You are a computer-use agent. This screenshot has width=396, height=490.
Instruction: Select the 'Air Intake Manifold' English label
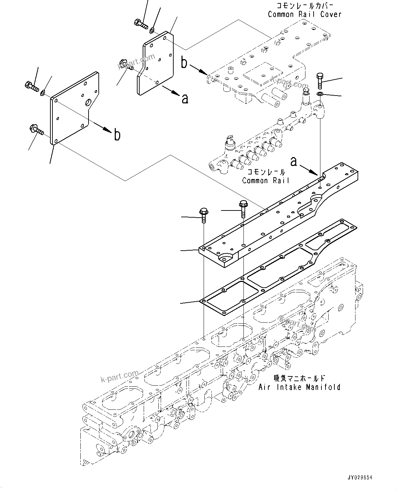click(x=299, y=387)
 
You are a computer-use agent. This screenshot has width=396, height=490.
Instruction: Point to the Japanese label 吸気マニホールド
click(x=299, y=378)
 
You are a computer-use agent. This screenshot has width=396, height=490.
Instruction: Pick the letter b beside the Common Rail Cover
click(x=184, y=63)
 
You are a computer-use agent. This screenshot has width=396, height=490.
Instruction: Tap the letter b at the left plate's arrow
click(x=117, y=135)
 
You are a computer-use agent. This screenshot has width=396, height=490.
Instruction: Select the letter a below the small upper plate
click(x=185, y=99)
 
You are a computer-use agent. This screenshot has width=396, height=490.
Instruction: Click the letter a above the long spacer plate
click(x=294, y=161)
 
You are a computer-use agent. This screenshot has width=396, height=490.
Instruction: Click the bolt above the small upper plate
click(x=140, y=24)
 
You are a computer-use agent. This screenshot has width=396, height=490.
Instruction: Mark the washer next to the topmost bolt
click(x=152, y=31)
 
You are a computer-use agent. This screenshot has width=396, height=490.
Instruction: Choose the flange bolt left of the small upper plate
click(x=126, y=64)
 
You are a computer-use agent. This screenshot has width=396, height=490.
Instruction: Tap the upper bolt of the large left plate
click(x=31, y=86)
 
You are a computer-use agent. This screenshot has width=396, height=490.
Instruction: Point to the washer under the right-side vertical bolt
click(x=320, y=94)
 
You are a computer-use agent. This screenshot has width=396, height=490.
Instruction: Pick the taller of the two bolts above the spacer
click(x=243, y=208)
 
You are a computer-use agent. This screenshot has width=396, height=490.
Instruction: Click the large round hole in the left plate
click(x=89, y=102)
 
